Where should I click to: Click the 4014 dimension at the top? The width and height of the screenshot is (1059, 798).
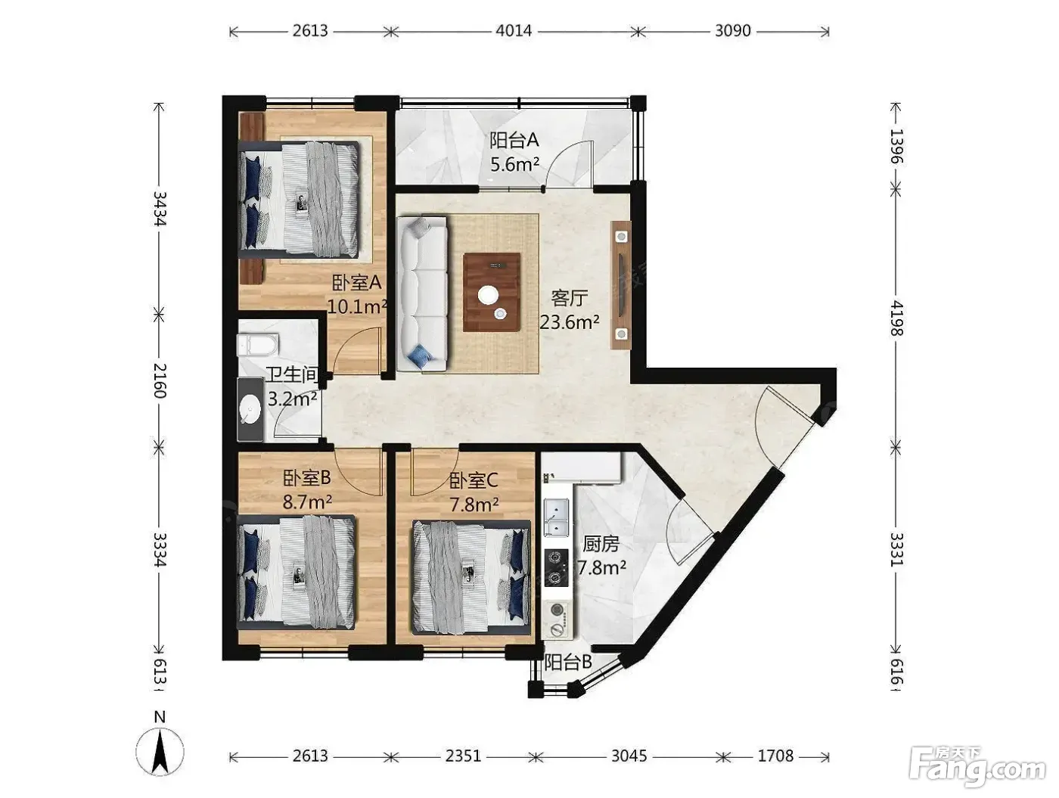click(514, 31)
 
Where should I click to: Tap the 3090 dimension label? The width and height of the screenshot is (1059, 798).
click(733, 31)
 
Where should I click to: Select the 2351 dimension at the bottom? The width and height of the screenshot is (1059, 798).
click(463, 756)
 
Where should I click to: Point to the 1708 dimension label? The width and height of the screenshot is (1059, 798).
click(775, 756)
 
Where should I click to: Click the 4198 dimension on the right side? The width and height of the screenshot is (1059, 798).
click(896, 318)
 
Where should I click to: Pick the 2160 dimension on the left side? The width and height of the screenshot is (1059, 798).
click(160, 380)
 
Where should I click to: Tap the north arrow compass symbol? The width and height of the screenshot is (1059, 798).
click(160, 747)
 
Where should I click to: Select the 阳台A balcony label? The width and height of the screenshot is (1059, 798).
click(514, 141)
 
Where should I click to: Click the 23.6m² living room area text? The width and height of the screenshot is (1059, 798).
click(570, 321)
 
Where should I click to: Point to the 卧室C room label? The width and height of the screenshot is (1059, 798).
click(474, 480)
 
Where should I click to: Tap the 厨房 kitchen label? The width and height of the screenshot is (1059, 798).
click(601, 544)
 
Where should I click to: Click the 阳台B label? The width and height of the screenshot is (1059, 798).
click(568, 663)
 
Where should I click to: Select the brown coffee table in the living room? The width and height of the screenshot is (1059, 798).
click(492, 293)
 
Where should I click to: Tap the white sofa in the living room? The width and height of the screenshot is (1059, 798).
click(421, 293)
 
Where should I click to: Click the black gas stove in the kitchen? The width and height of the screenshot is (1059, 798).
click(556, 568)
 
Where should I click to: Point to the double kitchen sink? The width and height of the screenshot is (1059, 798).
click(556, 517)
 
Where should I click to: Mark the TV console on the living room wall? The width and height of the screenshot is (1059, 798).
click(621, 284)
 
